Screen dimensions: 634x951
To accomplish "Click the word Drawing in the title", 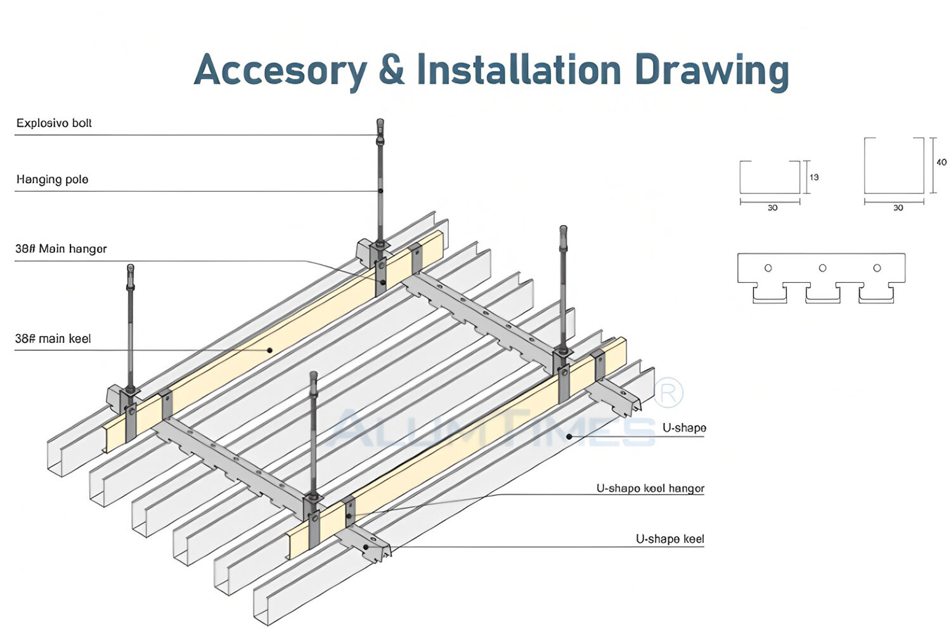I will [711, 71].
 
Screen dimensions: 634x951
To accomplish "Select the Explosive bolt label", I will [54, 123].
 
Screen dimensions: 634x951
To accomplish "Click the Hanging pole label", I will [52, 179].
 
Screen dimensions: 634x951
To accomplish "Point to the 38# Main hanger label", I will [61, 249].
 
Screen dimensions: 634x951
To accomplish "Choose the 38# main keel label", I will [53, 339].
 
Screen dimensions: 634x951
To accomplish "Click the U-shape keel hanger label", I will [650, 488].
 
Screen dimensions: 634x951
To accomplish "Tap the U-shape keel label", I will [670, 539].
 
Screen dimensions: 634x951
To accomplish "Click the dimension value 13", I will [814, 178].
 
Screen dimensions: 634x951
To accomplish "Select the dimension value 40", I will [941, 162].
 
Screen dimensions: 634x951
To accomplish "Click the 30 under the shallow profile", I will [772, 208].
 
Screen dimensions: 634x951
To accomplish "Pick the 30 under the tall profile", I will [898, 208].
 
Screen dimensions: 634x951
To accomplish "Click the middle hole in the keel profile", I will [822, 268].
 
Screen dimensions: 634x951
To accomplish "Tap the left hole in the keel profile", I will [768, 268].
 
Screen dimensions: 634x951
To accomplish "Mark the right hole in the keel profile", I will [877, 268].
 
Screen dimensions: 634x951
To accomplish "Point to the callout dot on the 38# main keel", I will [269, 350].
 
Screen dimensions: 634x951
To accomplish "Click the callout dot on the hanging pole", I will [380, 191].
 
